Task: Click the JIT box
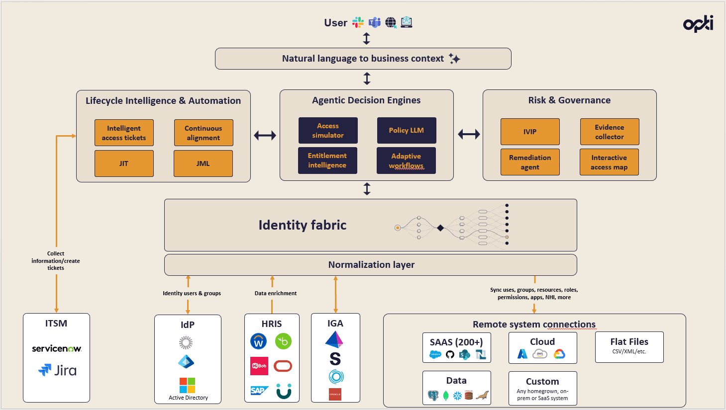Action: click(x=124, y=164)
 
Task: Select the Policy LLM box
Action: click(x=407, y=130)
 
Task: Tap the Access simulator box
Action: click(x=328, y=130)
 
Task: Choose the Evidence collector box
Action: click(x=610, y=132)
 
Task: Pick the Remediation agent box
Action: click(x=530, y=162)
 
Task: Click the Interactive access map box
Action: click(x=609, y=162)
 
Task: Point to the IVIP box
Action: click(x=530, y=132)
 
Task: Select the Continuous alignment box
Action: click(x=204, y=133)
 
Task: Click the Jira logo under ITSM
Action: click(x=58, y=370)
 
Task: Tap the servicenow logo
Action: click(x=56, y=349)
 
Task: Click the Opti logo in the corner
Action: click(x=698, y=24)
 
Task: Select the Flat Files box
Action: click(x=629, y=347)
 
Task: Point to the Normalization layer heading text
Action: click(x=371, y=265)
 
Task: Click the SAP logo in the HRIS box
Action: click(x=259, y=391)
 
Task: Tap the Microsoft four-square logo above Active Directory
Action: click(x=188, y=385)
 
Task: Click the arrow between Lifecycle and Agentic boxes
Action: click(x=265, y=135)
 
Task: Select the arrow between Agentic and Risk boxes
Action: click(x=469, y=134)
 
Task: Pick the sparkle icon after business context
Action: click(x=454, y=59)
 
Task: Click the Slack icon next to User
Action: click(x=358, y=22)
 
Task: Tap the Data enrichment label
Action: click(x=276, y=293)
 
